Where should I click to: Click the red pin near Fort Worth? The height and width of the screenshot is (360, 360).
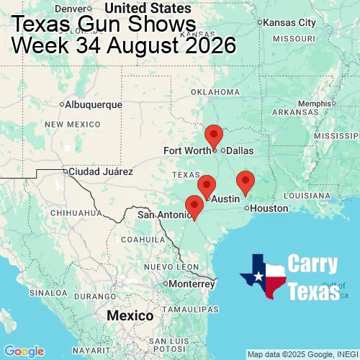click(214, 135)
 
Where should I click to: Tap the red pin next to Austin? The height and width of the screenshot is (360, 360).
click(207, 185)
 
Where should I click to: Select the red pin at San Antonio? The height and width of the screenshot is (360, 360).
click(194, 205)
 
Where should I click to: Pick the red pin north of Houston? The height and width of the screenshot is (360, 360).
click(246, 181)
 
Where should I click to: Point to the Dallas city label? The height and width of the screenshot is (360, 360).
click(240, 150)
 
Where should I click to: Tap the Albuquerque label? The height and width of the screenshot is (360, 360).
click(93, 104)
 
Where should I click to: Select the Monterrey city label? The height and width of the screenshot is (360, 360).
click(192, 284)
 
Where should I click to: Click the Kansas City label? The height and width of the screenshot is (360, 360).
click(291, 22)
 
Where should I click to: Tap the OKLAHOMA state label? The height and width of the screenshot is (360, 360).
click(215, 92)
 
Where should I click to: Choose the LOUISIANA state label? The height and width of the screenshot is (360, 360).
click(307, 195)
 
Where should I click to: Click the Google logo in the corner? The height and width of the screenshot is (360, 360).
click(24, 351)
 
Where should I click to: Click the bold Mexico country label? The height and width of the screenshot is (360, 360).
click(130, 316)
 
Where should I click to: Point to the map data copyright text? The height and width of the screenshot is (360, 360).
click(302, 354)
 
